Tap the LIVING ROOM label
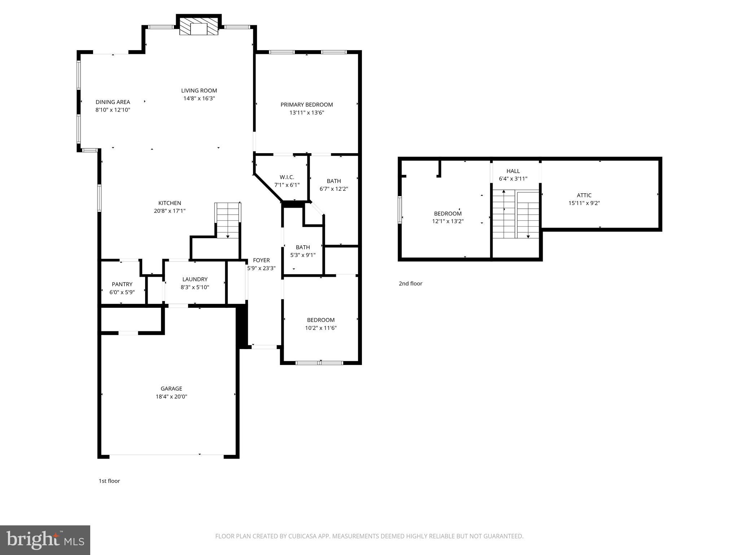199,91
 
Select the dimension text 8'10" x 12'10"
113,110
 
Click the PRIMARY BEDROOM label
307,105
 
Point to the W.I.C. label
287,177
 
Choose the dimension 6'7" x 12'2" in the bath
334,189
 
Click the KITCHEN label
170,203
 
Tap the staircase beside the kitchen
228,220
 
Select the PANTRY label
122,284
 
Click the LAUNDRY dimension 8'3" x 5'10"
195,287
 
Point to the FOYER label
261,260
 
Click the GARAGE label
171,389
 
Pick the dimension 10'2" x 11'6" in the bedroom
321,328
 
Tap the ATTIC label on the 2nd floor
584,195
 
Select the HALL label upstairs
513,171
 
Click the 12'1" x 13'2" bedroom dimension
448,221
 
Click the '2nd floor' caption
410,284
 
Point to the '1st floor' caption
109,481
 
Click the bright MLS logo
45,540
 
